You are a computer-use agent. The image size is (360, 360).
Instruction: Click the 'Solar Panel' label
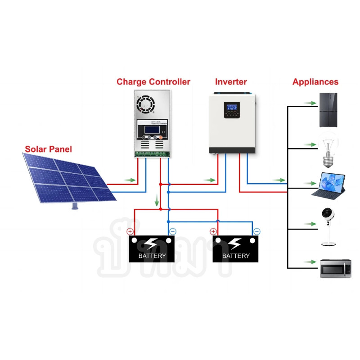click(x=48, y=149)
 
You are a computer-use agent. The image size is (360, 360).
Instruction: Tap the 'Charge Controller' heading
click(x=153, y=82)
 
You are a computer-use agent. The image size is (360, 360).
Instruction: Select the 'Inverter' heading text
click(x=231, y=82)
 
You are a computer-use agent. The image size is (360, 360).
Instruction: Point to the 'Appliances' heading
click(x=315, y=82)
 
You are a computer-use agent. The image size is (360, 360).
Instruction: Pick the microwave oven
click(x=335, y=269)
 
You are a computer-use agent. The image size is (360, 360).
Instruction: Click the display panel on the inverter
click(x=232, y=110)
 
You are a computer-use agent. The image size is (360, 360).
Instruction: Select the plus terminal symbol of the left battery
click(x=130, y=232)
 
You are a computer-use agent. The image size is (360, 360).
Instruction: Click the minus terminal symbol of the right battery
click(x=256, y=231)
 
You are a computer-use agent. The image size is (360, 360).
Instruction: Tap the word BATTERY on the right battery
click(x=236, y=256)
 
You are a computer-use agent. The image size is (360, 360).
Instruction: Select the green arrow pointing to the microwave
click(x=310, y=261)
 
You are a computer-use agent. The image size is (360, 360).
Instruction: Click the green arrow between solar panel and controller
click(x=130, y=180)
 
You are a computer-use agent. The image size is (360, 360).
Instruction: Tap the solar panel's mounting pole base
click(x=75, y=207)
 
